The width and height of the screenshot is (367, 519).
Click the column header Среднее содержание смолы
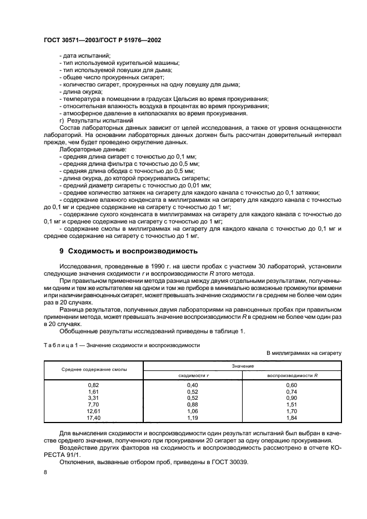(94, 369)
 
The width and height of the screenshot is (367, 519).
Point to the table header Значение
(243, 366)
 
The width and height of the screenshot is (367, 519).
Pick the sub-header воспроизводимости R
(292, 375)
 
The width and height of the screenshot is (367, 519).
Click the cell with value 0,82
(94, 385)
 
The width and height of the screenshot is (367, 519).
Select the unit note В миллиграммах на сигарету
(304, 353)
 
